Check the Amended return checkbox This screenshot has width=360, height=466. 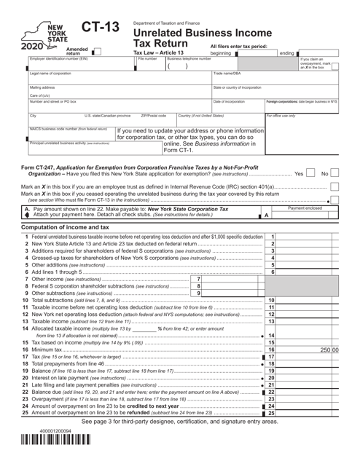click(95, 51)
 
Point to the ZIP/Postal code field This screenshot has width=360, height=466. click(156, 119)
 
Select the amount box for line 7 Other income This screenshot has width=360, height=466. click(232, 299)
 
